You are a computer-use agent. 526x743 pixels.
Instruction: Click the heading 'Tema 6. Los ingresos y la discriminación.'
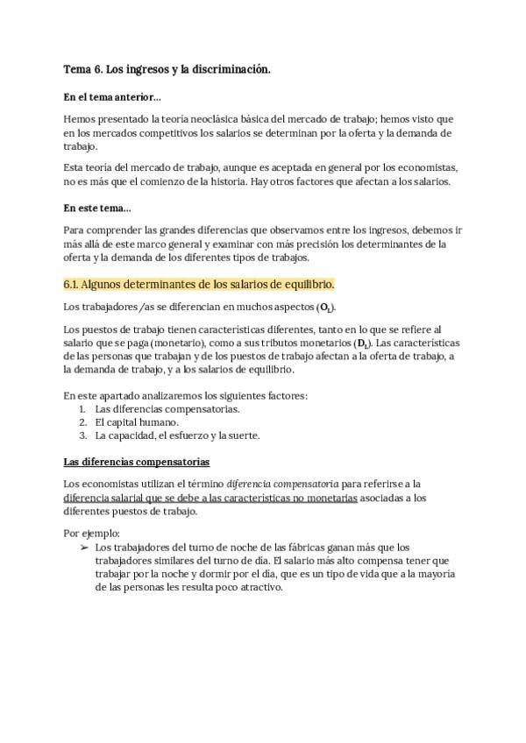click(167, 68)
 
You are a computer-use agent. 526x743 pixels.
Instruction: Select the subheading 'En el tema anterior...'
click(111, 96)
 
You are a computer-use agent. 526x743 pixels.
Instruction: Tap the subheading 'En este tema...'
click(97, 209)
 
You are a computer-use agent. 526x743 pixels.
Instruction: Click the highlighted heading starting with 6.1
click(199, 285)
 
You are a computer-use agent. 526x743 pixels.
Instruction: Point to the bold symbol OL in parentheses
click(325, 308)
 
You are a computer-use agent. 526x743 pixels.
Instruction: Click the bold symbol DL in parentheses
click(361, 343)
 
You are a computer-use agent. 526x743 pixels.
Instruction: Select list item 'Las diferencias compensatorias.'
click(167, 408)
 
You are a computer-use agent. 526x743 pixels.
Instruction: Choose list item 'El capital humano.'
click(136, 421)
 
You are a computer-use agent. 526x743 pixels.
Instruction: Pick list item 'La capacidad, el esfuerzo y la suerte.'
click(177, 435)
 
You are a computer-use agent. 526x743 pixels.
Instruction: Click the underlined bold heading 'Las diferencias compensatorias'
click(136, 462)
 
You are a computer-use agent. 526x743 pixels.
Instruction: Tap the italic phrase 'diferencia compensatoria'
click(282, 484)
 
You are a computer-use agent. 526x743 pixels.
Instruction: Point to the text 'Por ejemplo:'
click(92, 533)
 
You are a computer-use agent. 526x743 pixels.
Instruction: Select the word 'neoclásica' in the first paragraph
click(236, 118)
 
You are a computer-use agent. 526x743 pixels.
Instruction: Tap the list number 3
click(82, 435)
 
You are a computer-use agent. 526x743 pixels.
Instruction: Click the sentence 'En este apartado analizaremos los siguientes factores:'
click(185, 395)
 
